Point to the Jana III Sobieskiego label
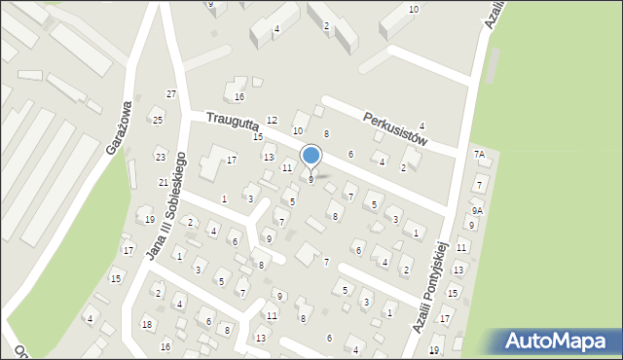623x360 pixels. tap(166, 205)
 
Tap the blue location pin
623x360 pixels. tap(311, 156)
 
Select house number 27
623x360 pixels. tap(171, 93)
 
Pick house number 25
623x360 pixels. tap(158, 120)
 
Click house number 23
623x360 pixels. tap(160, 157)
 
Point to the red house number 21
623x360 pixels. tap(163, 182)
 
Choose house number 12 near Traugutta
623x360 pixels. tap(272, 120)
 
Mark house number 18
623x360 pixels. tap(146, 324)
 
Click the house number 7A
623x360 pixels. tap(479, 154)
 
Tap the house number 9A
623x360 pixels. tap(477, 210)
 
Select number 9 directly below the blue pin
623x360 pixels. tap(311, 179)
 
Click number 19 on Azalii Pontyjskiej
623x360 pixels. tap(434, 349)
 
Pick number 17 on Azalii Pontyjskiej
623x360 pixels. tap(445, 319)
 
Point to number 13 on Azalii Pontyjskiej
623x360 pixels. tap(458, 269)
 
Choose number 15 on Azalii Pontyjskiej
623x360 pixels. tap(452, 293)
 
